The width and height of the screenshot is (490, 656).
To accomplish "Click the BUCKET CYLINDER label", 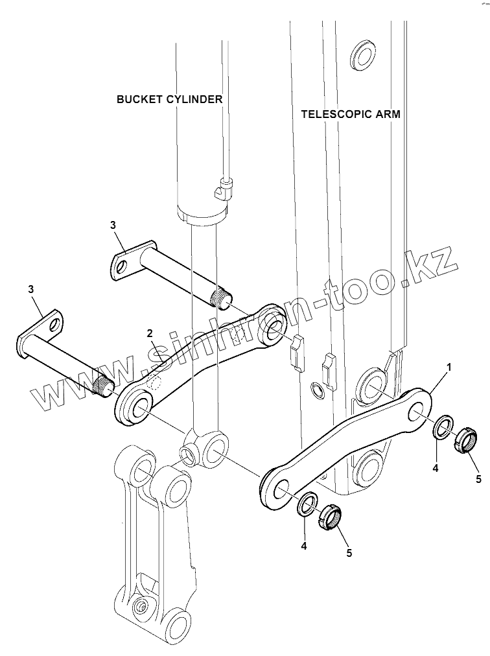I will point(169,99).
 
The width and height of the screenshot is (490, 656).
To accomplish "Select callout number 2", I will point(150,333).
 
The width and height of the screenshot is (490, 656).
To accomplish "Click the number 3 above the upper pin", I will point(113,225).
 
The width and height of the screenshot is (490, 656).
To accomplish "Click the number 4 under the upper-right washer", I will point(436,467).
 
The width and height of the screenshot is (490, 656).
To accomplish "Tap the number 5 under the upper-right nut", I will point(478,479).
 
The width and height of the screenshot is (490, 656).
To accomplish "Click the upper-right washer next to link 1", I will point(443,427).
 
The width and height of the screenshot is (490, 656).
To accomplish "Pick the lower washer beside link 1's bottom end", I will point(307,503).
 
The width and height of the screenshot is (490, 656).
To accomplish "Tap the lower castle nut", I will point(331,517).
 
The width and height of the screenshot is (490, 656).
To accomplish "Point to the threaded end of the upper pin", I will point(222,299).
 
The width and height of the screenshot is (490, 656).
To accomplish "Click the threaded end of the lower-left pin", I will point(104,388).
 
